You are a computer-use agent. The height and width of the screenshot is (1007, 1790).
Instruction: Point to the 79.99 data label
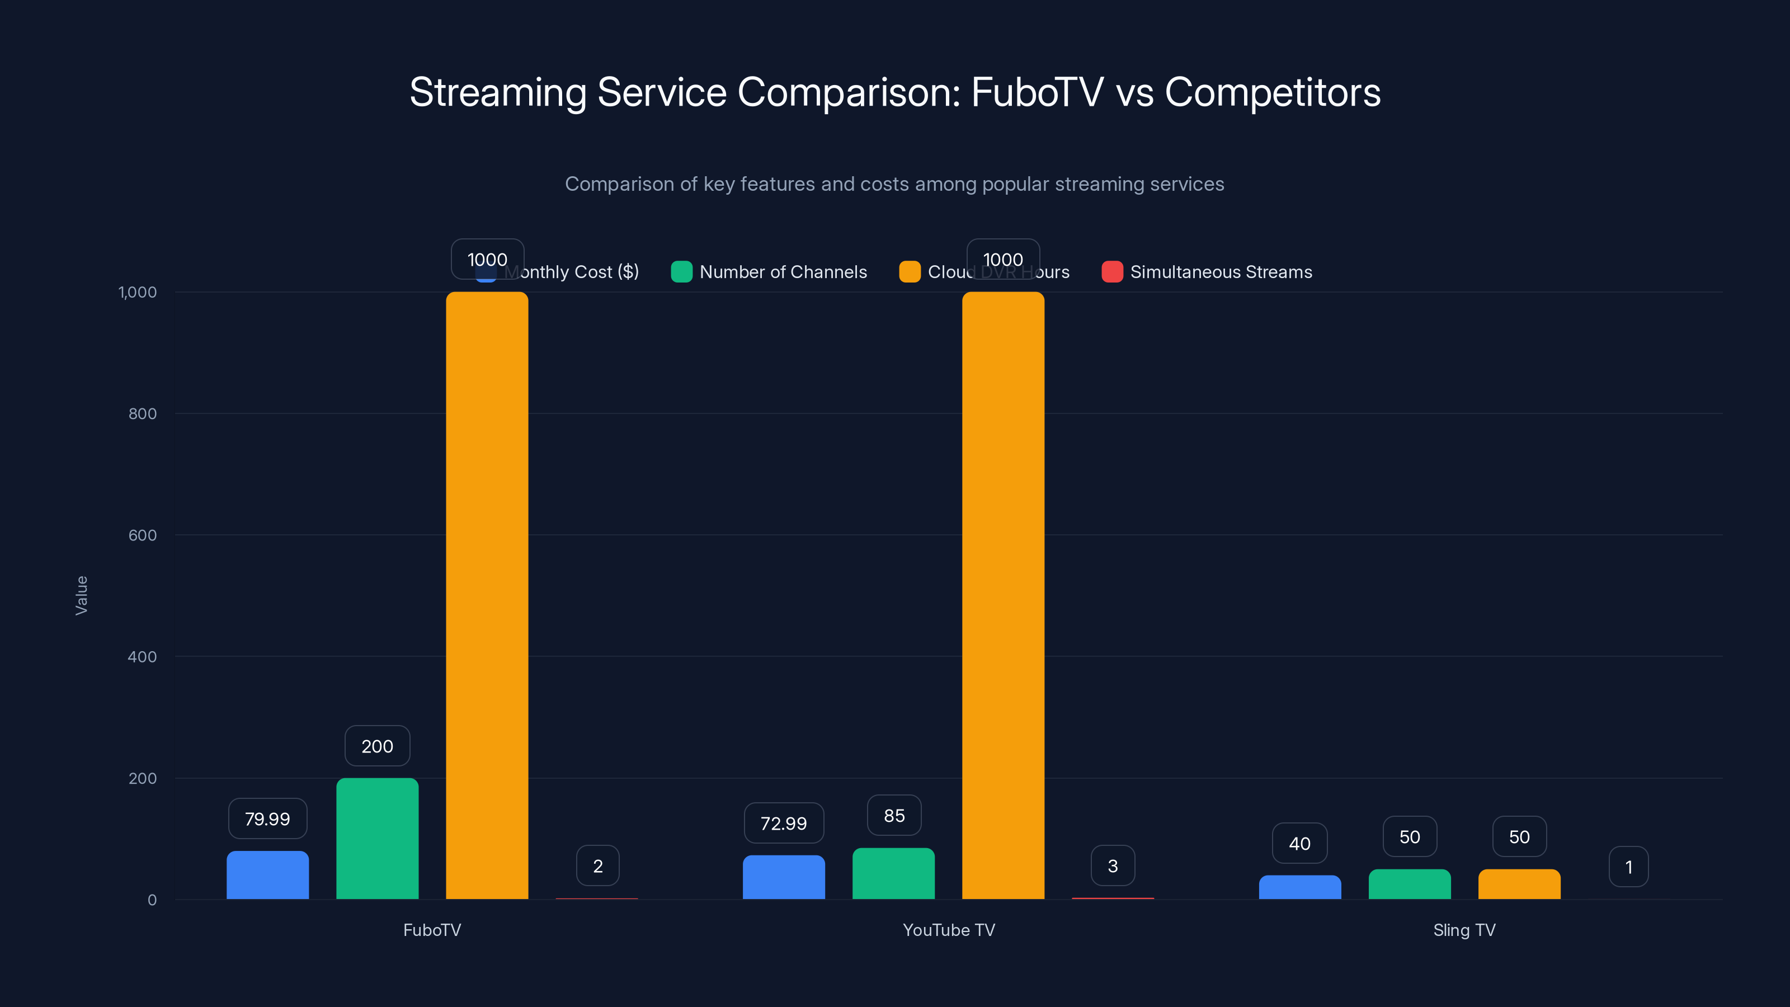(x=267, y=818)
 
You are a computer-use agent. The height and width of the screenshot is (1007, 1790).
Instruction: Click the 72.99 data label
(x=783, y=824)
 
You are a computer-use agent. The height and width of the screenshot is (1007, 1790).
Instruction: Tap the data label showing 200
(x=378, y=746)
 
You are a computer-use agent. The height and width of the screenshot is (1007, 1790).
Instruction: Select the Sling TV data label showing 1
(x=1628, y=867)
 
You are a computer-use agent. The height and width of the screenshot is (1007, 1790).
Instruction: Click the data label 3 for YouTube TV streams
(x=1113, y=866)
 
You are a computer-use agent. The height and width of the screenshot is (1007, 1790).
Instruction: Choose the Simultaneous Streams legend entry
(x=1208, y=272)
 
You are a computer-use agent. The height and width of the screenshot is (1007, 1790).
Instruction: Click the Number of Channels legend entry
(x=769, y=272)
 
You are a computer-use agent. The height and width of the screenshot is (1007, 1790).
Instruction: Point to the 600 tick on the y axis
(x=143, y=535)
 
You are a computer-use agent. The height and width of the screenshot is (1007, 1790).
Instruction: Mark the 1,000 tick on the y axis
(x=138, y=292)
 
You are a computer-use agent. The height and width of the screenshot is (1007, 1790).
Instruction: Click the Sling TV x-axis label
(x=1464, y=930)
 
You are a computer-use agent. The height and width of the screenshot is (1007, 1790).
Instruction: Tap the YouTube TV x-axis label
(x=949, y=930)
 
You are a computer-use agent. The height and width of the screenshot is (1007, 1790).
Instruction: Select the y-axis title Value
(x=81, y=595)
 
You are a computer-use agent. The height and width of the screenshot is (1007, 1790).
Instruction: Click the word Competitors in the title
(x=1273, y=92)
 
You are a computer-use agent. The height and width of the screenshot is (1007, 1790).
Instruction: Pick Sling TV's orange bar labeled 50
(x=1519, y=884)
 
